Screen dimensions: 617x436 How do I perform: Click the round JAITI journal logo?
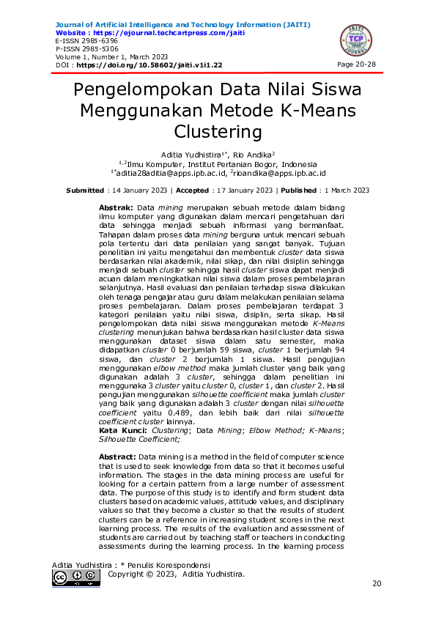pyautogui.click(x=355, y=41)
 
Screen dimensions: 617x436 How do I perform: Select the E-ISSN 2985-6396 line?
pyautogui.click(x=81, y=41)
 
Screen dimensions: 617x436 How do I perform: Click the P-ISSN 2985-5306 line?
pyautogui.click(x=81, y=49)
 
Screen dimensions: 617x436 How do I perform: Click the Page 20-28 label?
pyautogui.click(x=356, y=65)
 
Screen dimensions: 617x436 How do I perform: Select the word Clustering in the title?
pyautogui.click(x=218, y=132)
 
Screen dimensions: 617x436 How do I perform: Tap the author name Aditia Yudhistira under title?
pyautogui.click(x=193, y=155)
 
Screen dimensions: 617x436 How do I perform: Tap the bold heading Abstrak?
pyautogui.click(x=116, y=209)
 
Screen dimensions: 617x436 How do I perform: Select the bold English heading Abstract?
pyautogui.click(x=117, y=457)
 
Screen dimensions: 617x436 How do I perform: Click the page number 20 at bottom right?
pyautogui.click(x=377, y=583)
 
